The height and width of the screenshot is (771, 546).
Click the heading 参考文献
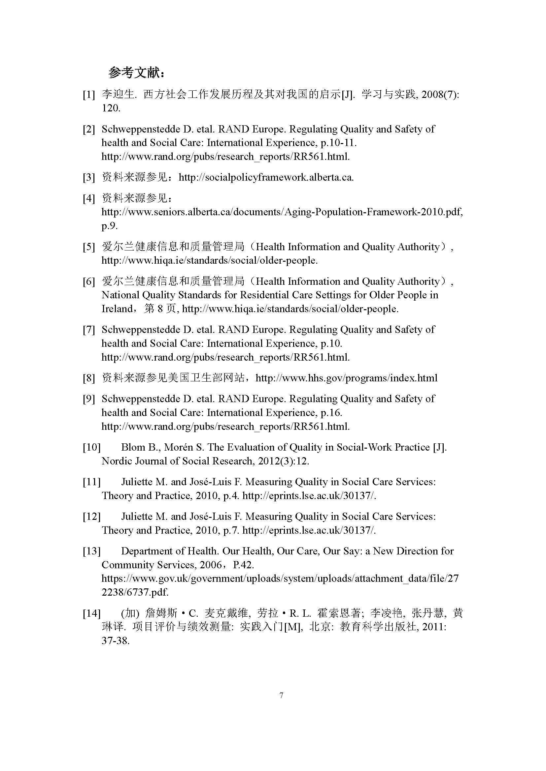(x=136, y=73)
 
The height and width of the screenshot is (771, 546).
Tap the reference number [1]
(x=89, y=95)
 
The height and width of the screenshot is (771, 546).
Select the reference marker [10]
(x=91, y=447)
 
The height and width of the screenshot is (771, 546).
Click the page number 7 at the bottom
(x=281, y=695)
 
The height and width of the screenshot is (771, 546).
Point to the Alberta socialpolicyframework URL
(x=266, y=177)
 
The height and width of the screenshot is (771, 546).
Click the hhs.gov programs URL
(x=346, y=378)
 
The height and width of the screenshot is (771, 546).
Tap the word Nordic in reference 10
(x=117, y=461)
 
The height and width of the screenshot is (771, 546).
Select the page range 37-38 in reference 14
(x=115, y=641)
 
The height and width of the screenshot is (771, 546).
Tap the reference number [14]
(x=91, y=613)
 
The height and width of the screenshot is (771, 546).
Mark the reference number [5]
(x=89, y=247)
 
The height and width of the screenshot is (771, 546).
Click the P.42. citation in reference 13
(x=243, y=565)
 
